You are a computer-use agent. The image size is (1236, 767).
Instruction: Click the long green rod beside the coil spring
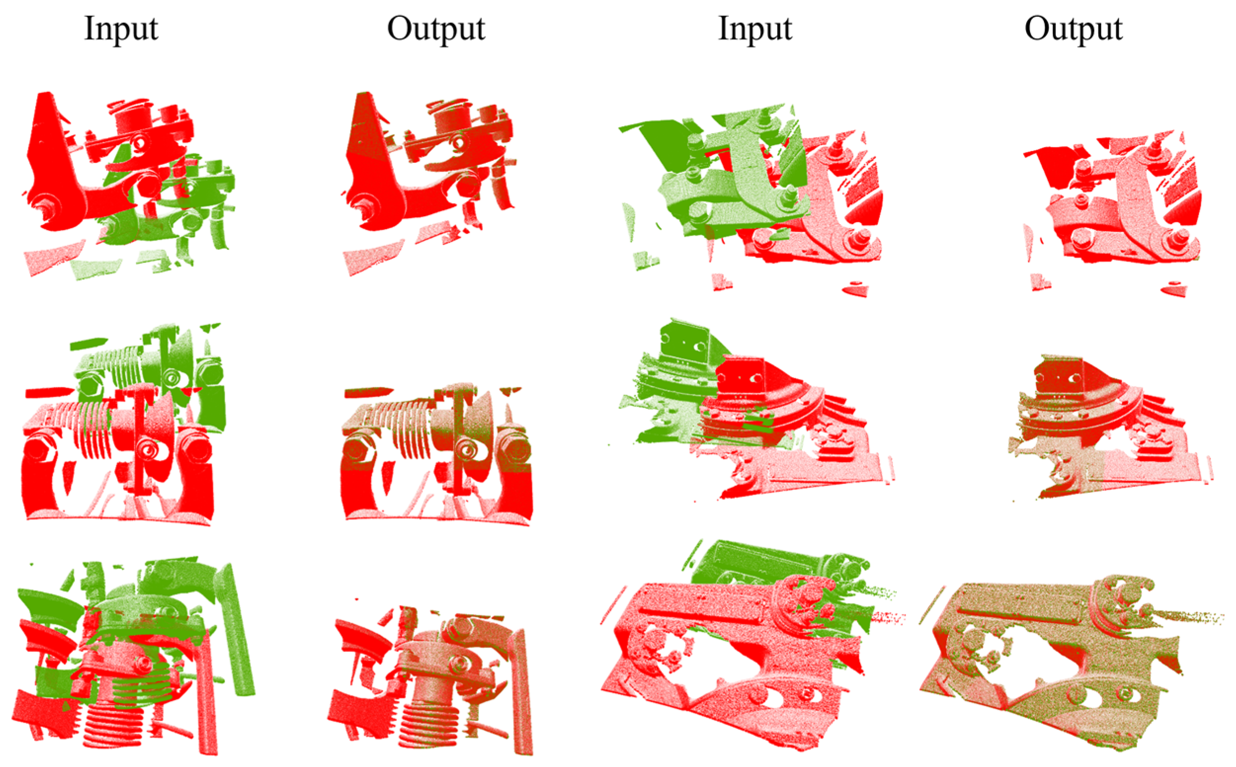coord(237,629)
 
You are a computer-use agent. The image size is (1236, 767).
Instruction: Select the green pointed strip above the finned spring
coord(88,344)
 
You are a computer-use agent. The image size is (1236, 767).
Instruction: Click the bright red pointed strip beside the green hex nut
coord(49,392)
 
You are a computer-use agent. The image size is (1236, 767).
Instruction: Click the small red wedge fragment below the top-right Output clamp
coord(1173,291)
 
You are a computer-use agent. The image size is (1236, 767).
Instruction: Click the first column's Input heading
coord(121,29)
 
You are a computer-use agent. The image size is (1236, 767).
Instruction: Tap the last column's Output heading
coord(1074,29)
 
